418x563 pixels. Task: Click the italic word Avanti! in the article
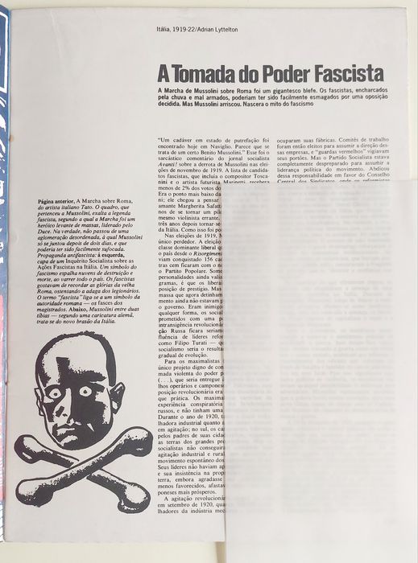(x=171, y=165)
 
